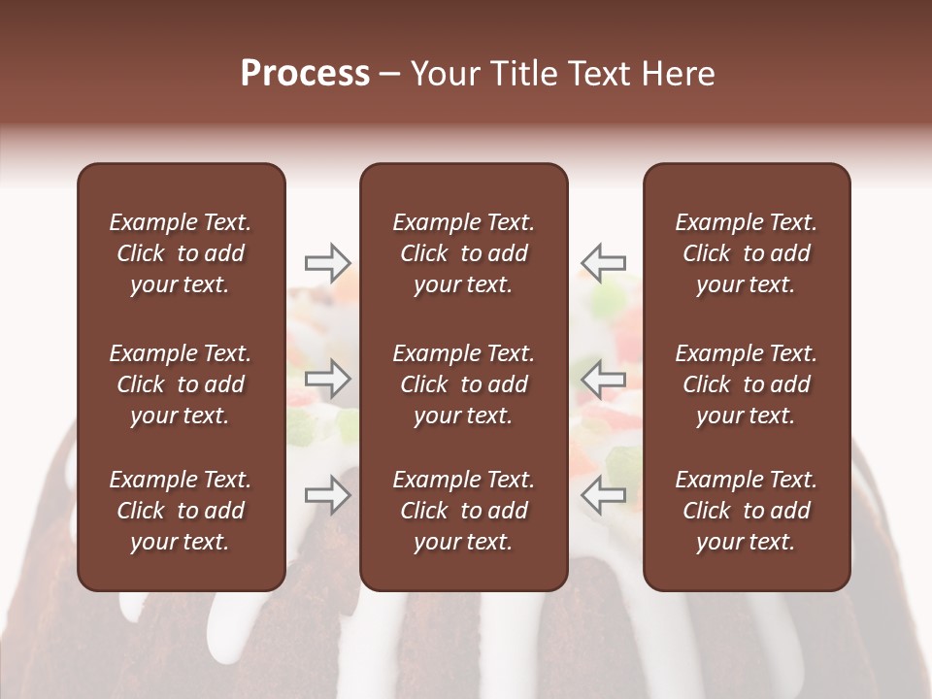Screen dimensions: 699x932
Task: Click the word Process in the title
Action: [305, 74]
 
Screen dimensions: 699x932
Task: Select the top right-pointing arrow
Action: [328, 262]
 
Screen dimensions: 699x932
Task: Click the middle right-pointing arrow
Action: [328, 379]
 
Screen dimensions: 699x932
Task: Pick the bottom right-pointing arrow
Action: [328, 494]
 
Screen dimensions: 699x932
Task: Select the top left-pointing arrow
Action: [603, 262]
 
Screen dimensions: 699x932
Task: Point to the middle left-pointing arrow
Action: [603, 379]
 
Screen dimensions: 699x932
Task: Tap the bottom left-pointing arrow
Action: [603, 494]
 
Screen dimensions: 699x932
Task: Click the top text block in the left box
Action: [181, 253]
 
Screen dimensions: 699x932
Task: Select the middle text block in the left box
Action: [181, 384]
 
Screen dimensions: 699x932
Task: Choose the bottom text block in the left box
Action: [181, 511]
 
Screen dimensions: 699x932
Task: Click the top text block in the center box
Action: [463, 253]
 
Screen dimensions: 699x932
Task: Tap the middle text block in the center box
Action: [463, 384]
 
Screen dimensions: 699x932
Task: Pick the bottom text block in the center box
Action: [463, 511]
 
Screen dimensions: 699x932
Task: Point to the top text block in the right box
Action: [746, 253]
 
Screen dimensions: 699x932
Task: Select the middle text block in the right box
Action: [746, 384]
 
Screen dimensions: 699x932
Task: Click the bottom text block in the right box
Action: [746, 511]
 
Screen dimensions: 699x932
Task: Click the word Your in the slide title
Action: [442, 74]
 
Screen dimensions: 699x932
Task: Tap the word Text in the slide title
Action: [592, 74]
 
